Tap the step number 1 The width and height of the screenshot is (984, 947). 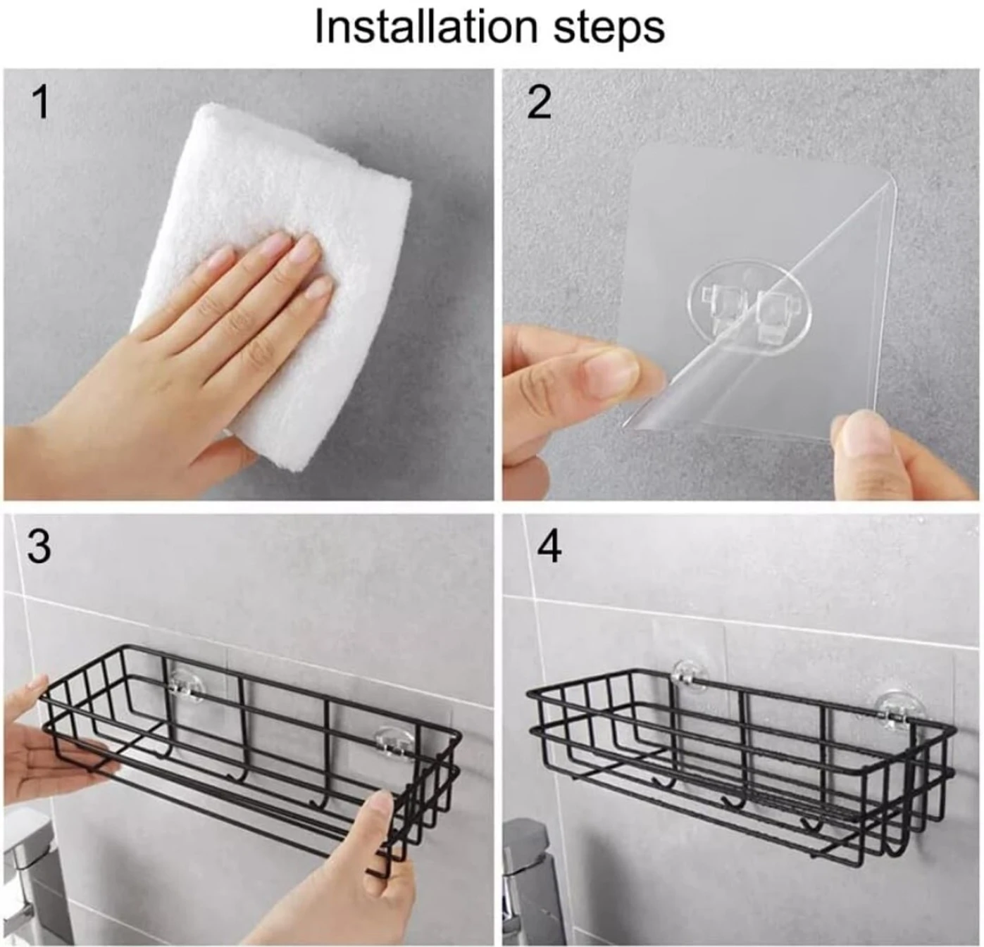point(41,102)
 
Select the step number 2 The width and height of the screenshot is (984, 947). point(539,102)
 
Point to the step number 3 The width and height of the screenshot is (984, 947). point(39,546)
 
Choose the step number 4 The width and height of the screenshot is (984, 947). point(549,546)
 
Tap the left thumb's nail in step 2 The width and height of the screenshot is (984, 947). point(612,367)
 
